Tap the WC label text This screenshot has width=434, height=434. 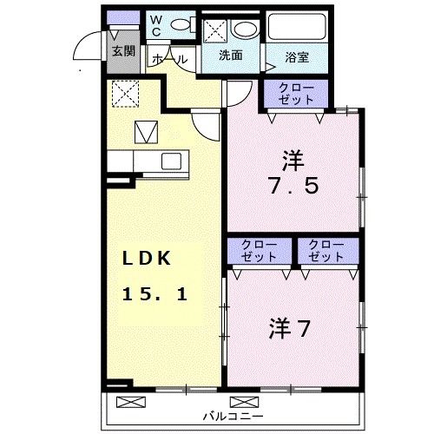point(156,25)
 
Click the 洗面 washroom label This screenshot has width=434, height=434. point(230,56)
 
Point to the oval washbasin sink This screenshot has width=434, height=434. point(245,29)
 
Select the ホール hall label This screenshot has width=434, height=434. point(171,57)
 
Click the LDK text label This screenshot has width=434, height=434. point(149,258)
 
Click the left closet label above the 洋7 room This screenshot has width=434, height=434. point(259,251)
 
